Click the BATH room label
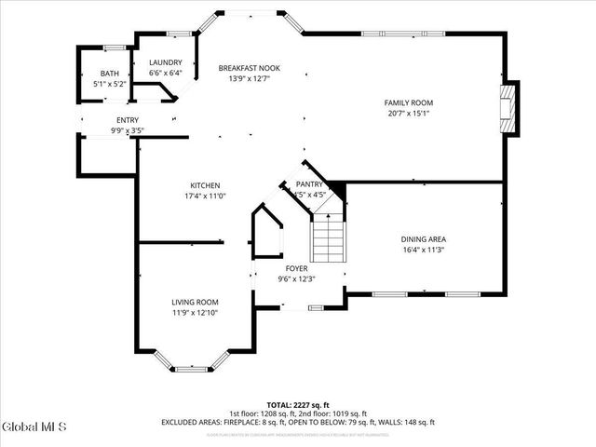point(110,74)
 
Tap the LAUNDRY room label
point(165,62)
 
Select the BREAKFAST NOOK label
point(249,69)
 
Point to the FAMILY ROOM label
point(409,102)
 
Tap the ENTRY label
point(128,120)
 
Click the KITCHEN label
point(205,185)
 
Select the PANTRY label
point(309,185)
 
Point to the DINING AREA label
point(423,239)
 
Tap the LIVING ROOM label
point(195,302)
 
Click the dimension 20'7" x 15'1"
point(409,114)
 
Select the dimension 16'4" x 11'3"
point(423,250)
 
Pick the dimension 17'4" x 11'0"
point(205,196)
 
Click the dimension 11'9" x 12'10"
point(195,313)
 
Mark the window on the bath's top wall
point(114,47)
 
